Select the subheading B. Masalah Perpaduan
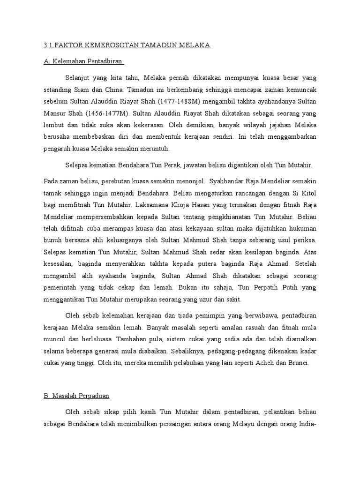76,395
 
